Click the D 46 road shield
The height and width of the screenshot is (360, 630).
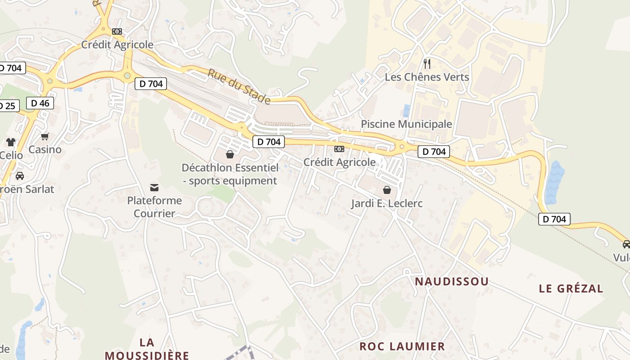coord(40,103)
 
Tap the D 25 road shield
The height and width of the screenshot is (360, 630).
coord(8,106)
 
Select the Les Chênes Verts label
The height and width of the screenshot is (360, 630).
coord(427,77)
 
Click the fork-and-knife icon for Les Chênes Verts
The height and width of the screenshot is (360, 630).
coord(427,64)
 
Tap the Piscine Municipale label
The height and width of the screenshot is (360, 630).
coord(406,124)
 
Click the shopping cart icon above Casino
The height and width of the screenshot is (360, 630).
coord(45,136)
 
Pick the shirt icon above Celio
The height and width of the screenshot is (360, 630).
coord(11,142)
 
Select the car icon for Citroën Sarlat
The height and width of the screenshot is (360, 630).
coord(19,176)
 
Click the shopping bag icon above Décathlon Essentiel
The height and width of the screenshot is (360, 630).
coord(230,154)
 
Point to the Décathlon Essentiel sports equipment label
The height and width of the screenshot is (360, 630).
coord(230,174)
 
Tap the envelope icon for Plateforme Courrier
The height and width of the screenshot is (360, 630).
coord(154,187)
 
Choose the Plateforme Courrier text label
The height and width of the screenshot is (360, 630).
coord(154,207)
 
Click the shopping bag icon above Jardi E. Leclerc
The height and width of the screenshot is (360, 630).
coord(387,190)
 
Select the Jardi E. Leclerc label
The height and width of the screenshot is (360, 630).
coord(387,203)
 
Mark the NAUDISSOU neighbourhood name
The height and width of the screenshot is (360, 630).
coord(451,282)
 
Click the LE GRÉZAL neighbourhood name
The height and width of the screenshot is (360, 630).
coord(571,288)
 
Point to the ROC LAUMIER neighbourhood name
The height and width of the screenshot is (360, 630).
coord(402,346)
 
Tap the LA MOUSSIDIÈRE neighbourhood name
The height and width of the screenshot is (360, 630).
coord(147,349)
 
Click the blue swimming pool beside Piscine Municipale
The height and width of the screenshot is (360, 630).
coord(406,111)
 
